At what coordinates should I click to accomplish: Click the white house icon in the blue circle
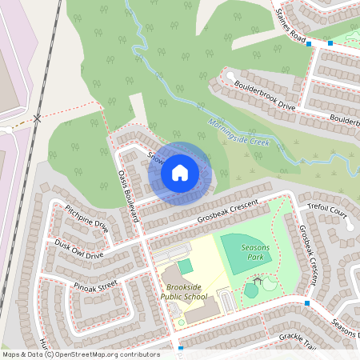[x=180, y=173]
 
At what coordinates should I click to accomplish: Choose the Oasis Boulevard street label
[x=129, y=195]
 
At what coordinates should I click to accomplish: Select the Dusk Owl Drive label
[x=79, y=250]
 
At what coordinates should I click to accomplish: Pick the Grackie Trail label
[x=298, y=341]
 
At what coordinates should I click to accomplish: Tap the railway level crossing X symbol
[x=38, y=118]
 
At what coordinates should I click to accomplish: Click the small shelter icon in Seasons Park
[x=257, y=281]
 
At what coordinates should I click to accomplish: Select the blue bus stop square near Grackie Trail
[x=307, y=302]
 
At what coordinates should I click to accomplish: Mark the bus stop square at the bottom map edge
[x=181, y=349]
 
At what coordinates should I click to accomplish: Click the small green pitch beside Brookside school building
[x=184, y=266]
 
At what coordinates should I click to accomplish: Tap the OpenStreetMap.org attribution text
[x=93, y=354]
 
